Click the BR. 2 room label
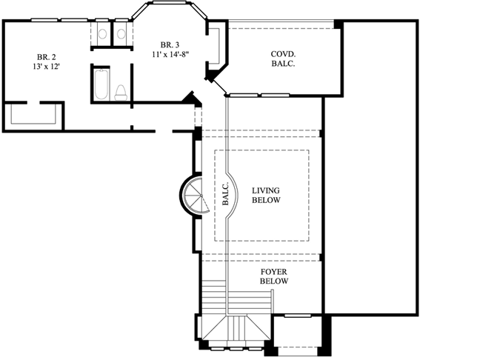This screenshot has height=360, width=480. click(46, 56)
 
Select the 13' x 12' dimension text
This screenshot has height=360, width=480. click(46, 67)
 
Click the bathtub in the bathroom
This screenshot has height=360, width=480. click(100, 84)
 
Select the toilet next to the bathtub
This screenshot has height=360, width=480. click(120, 91)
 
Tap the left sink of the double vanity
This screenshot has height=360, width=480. click(103, 33)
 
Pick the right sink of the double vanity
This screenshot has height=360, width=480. click(120, 33)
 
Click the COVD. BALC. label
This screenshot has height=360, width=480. click(282, 59)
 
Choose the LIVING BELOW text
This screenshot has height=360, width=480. click(265, 196)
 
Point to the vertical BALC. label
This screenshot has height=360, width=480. click(225, 194)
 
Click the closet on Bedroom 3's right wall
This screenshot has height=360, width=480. click(216, 46)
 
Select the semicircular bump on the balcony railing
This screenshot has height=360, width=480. click(233, 196)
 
